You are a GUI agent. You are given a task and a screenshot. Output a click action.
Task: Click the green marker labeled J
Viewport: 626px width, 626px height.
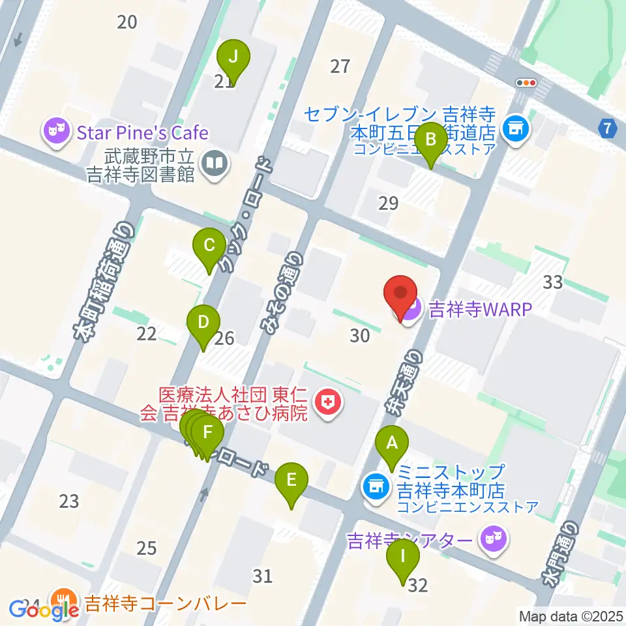tap(233, 56)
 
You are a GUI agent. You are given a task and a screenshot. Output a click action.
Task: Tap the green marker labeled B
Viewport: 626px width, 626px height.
tap(431, 139)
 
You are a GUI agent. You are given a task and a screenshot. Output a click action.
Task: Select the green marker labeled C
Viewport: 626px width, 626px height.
tap(209, 246)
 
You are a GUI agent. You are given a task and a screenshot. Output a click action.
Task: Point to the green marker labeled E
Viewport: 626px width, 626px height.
tap(291, 481)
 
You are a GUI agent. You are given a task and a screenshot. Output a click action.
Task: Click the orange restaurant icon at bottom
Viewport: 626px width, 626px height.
tap(64, 600)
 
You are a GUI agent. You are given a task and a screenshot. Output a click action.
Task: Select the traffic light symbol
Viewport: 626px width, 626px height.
tap(526, 83)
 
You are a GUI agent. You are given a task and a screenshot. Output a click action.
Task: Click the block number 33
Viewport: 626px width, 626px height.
tap(553, 282)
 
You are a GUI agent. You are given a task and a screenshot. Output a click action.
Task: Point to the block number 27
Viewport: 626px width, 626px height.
tap(340, 66)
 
